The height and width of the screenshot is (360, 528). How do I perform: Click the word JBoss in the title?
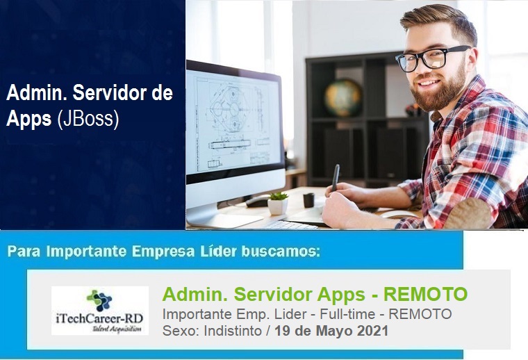coord(88,119)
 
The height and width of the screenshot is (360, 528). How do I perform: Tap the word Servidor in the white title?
coord(110,93)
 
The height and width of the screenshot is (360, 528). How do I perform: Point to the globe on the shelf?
coord(343,98)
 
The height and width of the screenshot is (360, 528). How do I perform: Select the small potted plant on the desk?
coord(278,203)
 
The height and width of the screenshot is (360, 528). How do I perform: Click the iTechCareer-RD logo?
coord(100,311)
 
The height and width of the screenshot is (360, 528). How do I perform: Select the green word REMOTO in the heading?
coord(426,294)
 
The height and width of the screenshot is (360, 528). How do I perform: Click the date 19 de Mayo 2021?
coord(331,331)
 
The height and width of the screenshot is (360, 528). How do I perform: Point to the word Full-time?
coord(347,314)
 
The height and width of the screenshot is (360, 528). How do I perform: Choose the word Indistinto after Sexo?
coord(233,331)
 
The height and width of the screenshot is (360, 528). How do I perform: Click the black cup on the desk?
coord(308,200)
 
